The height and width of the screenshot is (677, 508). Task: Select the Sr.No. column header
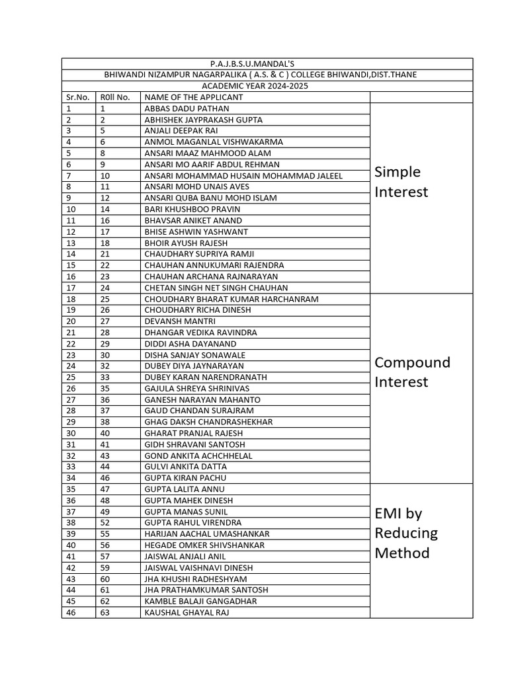tap(77, 97)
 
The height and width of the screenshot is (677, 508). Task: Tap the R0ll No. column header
tap(110, 97)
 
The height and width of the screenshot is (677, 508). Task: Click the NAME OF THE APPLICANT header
tap(194, 97)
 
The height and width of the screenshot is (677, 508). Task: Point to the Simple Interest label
tap(402, 182)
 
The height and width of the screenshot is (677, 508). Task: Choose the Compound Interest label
tap(412, 372)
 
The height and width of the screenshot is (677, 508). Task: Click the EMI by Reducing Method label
tap(406, 533)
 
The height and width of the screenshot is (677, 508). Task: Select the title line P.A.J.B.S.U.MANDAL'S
tap(267, 63)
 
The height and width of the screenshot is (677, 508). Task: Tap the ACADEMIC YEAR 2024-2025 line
tap(267, 86)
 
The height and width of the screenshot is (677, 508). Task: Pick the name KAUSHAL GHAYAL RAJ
tap(187, 612)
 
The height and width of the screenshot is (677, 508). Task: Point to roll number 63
tap(106, 612)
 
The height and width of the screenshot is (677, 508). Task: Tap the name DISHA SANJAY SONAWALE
tap(194, 355)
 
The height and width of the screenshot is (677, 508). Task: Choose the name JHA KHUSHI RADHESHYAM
tap(195, 578)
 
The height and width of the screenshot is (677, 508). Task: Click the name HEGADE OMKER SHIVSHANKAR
tap(204, 545)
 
